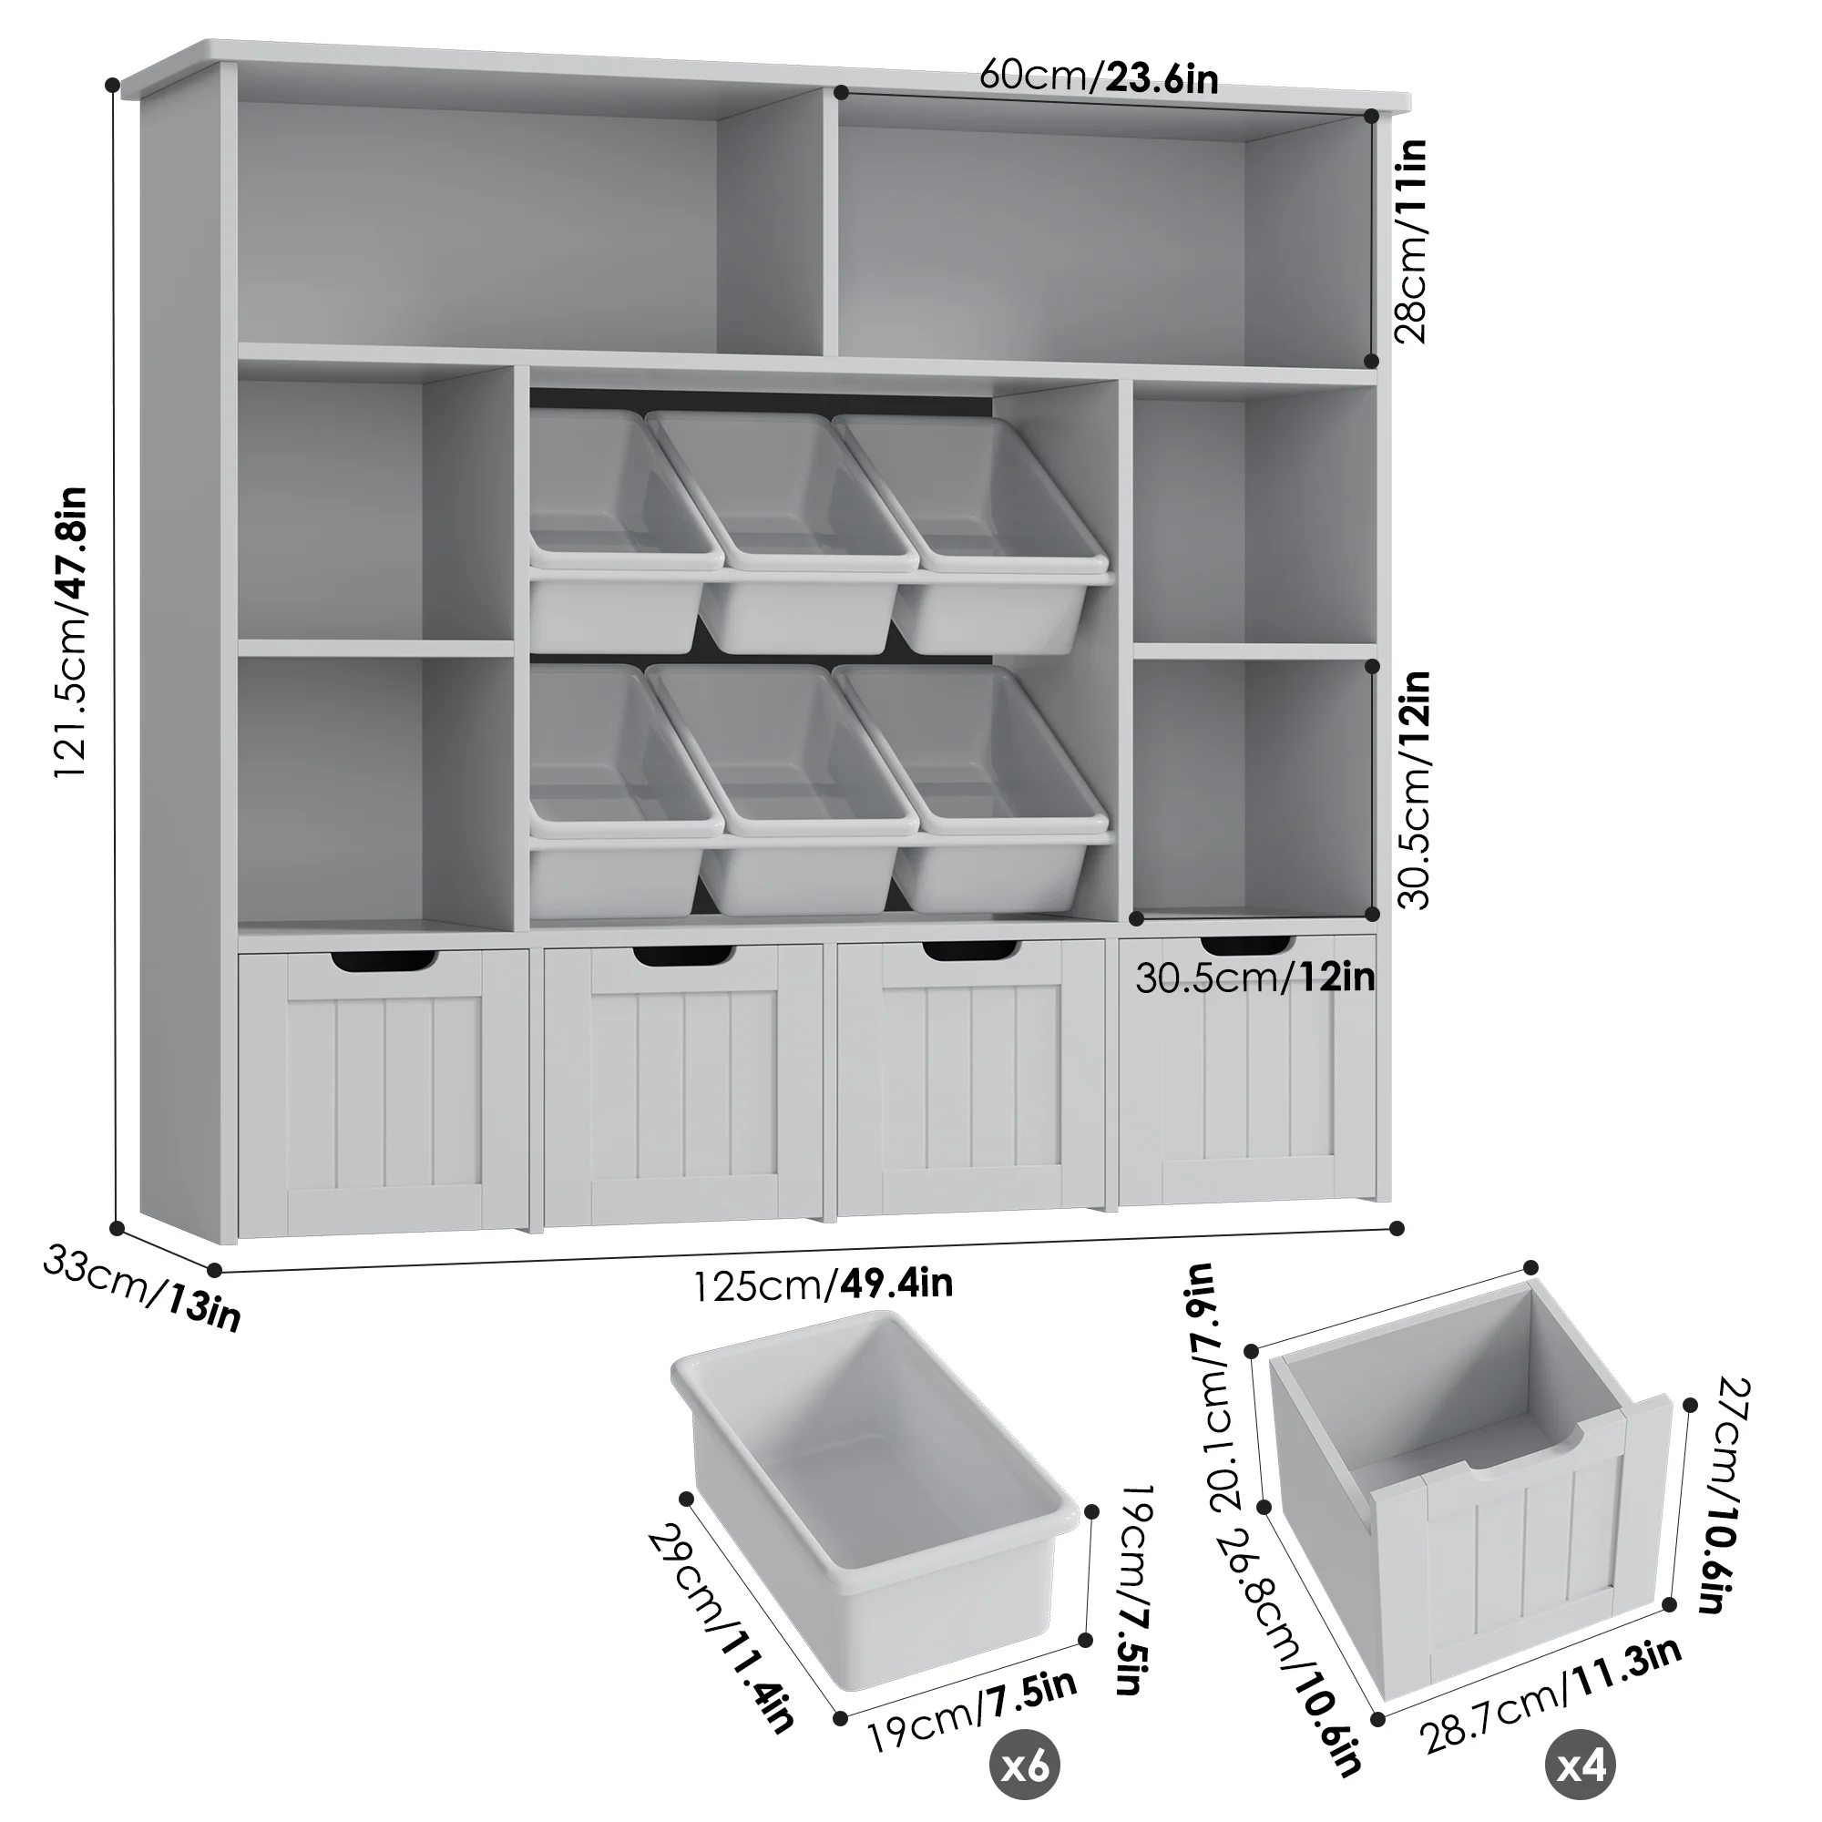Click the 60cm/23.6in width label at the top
tap(1098, 76)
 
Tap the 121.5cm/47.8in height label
tap(72, 632)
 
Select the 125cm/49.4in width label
tap(824, 1285)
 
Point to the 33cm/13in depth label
tap(141, 1288)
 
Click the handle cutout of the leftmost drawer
tap(384, 960)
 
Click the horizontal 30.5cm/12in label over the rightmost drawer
tap(1254, 978)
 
